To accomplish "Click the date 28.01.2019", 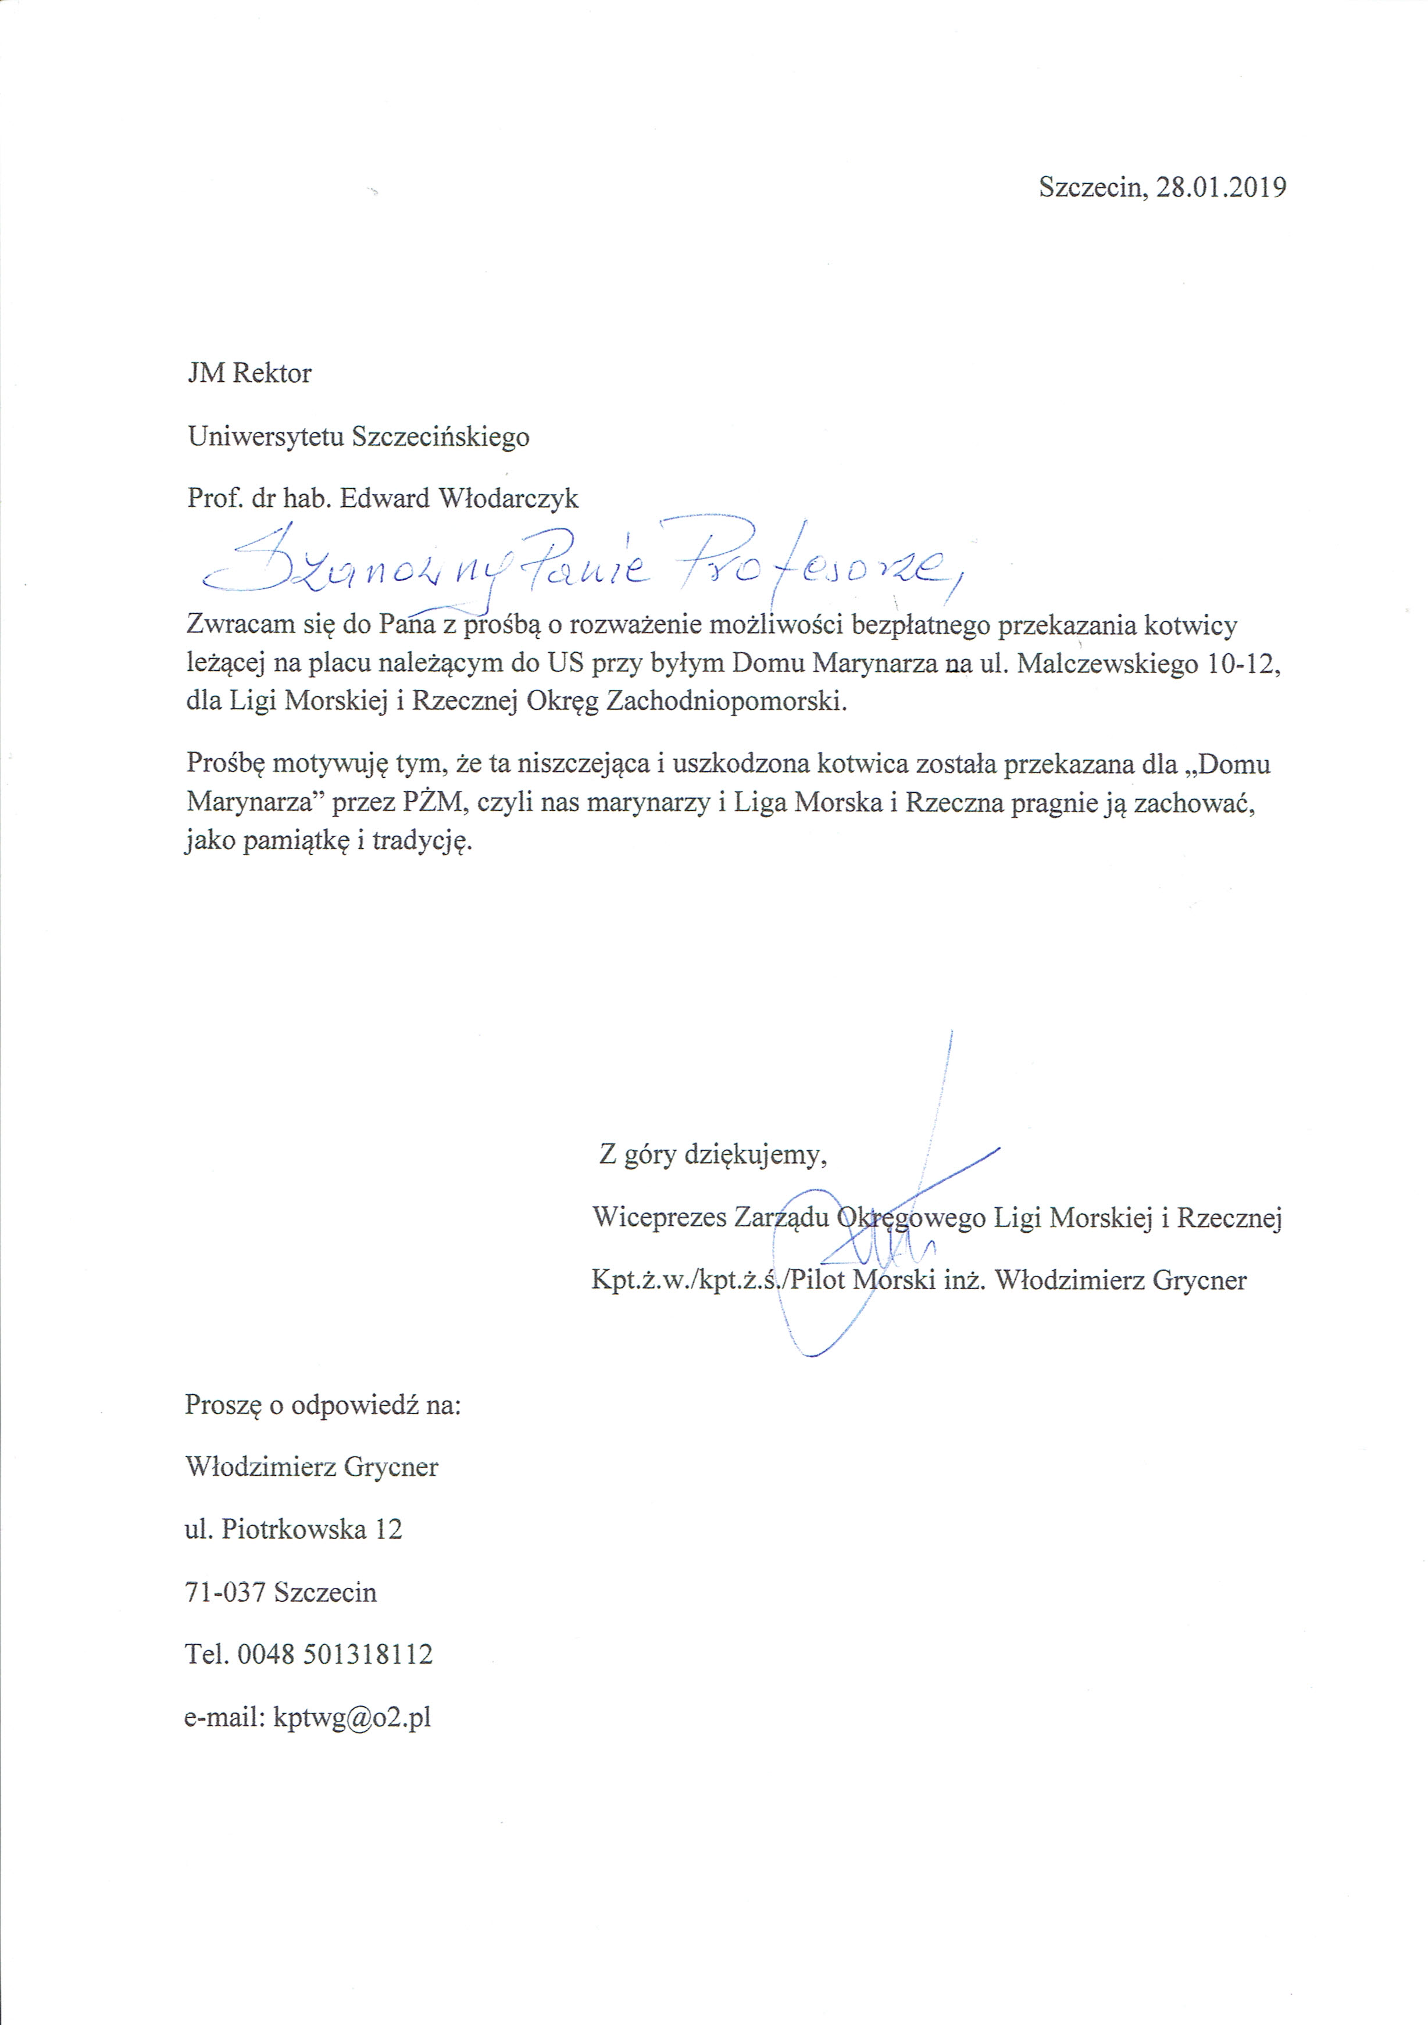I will (x=1221, y=188).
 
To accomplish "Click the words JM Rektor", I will (x=249, y=373).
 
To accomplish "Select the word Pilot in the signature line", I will (x=813, y=1280).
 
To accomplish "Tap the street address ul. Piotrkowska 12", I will (x=293, y=1529).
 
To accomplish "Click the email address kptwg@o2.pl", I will (x=352, y=1717).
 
